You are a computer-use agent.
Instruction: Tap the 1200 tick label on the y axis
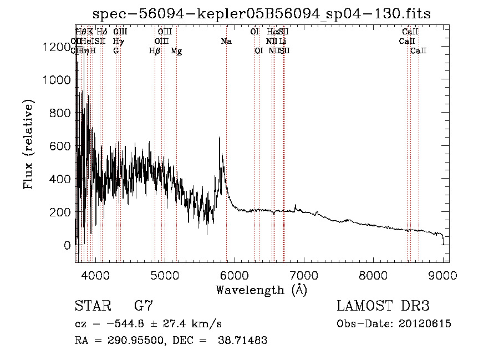pyautogui.click(x=57, y=47)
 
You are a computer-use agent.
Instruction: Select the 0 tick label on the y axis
pyautogui.click(x=67, y=245)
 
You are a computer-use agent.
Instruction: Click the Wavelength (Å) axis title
pyautogui.click(x=261, y=290)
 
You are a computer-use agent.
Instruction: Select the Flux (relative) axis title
pyautogui.click(x=28, y=145)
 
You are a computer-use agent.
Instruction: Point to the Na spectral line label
pyautogui.click(x=226, y=42)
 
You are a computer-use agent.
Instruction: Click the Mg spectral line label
pyautogui.click(x=176, y=51)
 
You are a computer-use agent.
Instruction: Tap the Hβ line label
pyautogui.click(x=155, y=51)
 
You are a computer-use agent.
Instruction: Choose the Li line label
pyautogui.click(x=283, y=42)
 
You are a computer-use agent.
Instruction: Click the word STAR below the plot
pyautogui.click(x=91, y=306)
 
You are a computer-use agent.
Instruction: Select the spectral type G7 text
pyautogui.click(x=144, y=306)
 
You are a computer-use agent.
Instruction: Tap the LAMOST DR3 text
pyautogui.click(x=383, y=306)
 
